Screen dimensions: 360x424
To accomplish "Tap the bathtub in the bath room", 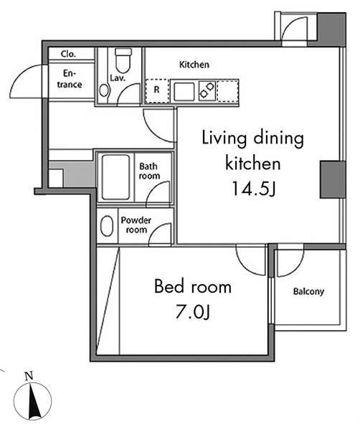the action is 115,177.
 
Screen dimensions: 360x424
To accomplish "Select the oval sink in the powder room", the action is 107,226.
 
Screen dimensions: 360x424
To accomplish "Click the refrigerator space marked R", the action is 157,91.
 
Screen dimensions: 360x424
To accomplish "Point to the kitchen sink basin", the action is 184,92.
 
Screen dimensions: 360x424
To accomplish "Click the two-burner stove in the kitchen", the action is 207,90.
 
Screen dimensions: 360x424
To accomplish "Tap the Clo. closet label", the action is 68,54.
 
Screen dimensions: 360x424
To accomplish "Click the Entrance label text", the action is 70,79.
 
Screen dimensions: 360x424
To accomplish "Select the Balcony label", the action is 308,291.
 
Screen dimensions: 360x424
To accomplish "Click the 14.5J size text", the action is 254,189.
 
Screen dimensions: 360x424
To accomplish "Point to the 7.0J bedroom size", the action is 193,311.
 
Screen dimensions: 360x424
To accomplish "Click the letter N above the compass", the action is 29,376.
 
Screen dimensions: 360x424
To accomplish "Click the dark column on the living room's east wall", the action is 333,179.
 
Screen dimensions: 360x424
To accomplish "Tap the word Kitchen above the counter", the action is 194,65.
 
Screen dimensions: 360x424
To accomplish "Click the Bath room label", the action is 149,171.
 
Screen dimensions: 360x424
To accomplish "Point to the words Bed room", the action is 193,287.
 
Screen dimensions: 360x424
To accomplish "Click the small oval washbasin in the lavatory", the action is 103,90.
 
